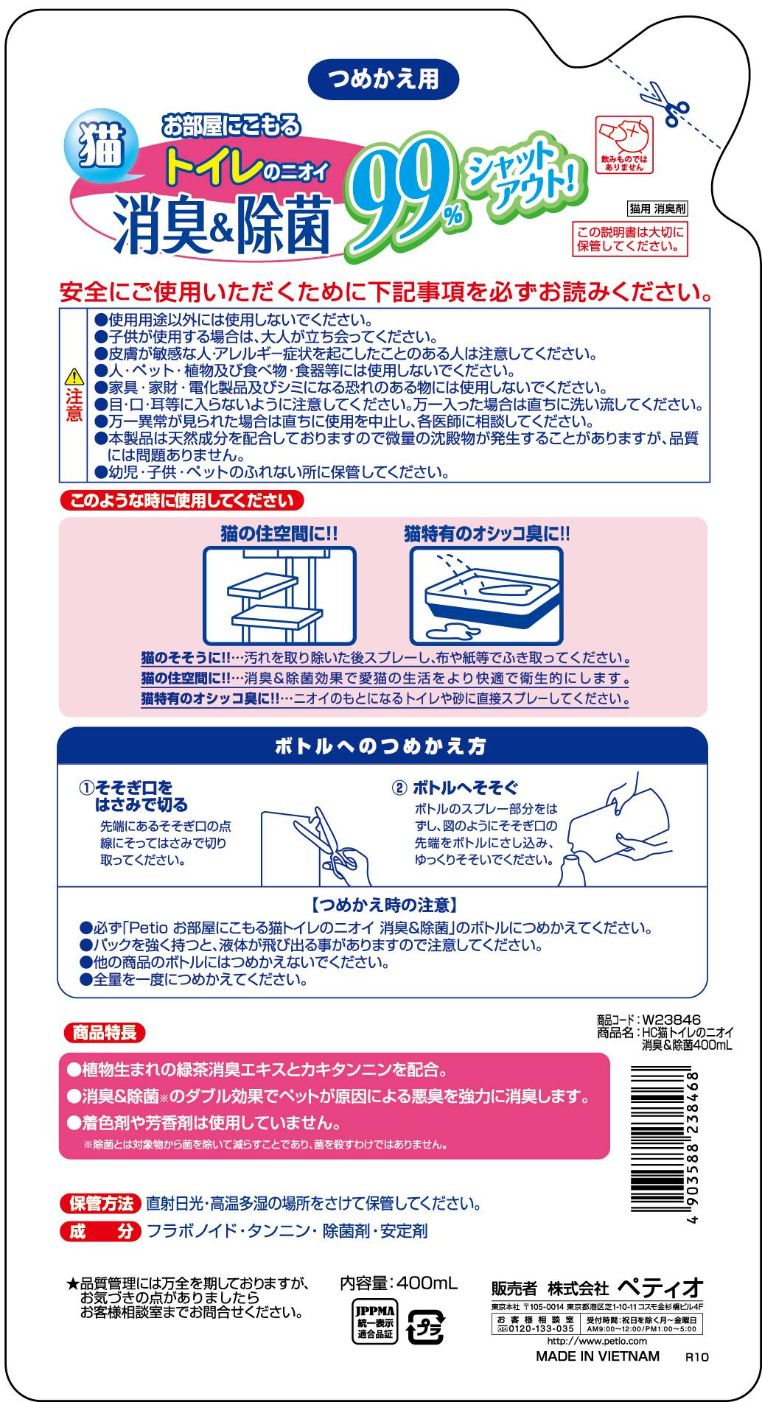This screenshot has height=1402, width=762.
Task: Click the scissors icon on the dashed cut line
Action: [665, 104]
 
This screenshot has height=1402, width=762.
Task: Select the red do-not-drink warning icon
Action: [621, 143]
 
